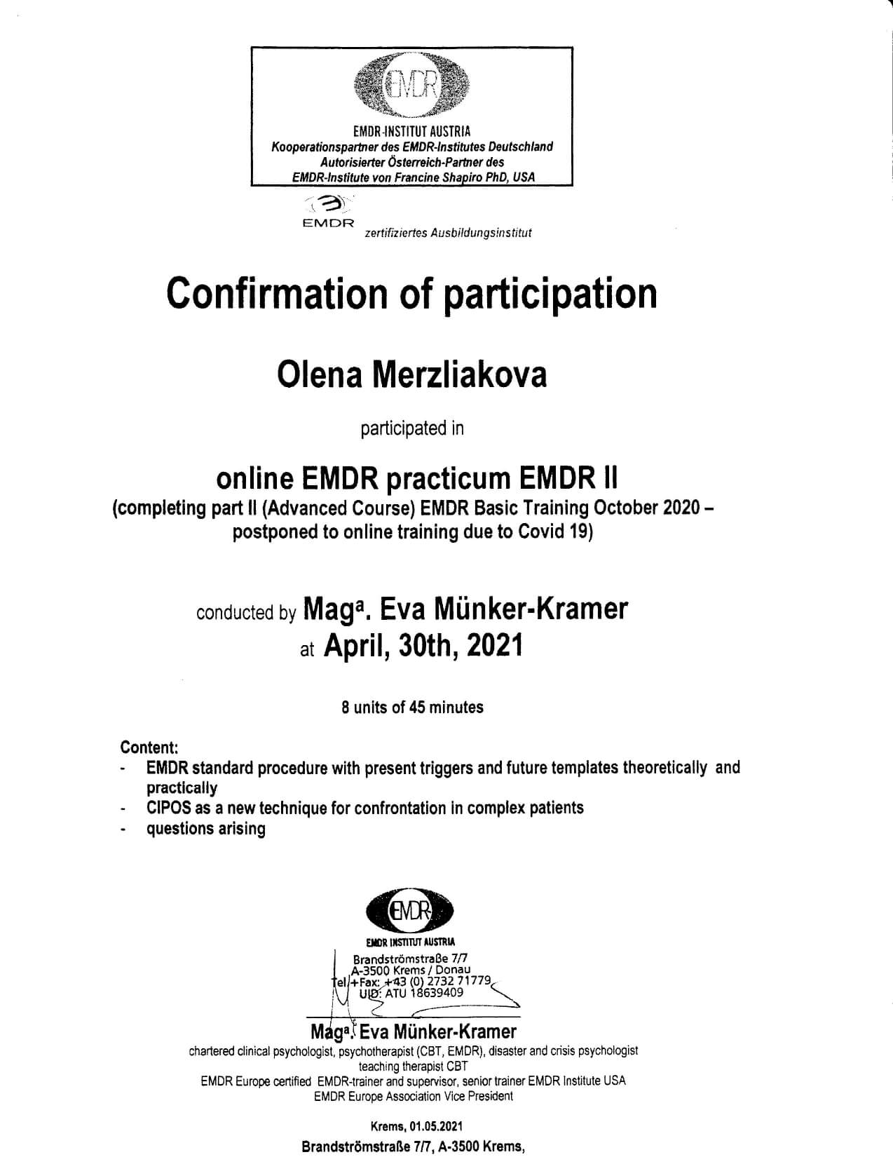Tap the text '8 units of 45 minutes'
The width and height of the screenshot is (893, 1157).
[x=412, y=707]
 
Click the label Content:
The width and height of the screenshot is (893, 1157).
[x=149, y=747]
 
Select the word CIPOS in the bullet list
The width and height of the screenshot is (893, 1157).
[x=169, y=808]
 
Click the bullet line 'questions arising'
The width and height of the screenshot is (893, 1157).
[x=206, y=829]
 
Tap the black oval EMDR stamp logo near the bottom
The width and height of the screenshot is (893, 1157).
[x=410, y=912]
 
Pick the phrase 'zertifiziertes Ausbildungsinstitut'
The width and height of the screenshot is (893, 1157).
[x=448, y=233]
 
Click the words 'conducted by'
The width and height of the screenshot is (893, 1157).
[x=246, y=613]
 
